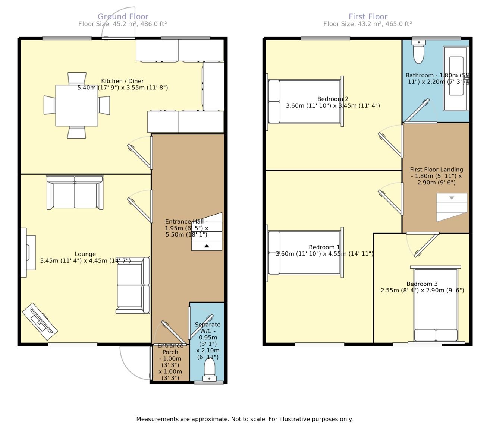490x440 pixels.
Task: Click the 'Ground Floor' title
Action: pos(123,17)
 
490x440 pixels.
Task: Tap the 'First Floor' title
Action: pos(368,17)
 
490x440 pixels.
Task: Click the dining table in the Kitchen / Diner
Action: pos(77,105)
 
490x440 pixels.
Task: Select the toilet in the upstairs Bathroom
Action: pos(419,52)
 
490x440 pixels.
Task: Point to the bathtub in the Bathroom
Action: pos(456,78)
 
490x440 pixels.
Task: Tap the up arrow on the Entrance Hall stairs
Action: pos(207,246)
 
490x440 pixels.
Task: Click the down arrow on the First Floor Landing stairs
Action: pos(452,198)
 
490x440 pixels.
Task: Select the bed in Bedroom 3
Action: pos(436,304)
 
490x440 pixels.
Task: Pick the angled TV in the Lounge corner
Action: pos(40,322)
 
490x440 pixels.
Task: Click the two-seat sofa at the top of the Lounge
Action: pos(75,192)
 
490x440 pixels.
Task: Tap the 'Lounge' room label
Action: pos(85,254)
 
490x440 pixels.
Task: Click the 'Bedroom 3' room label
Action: pos(422,284)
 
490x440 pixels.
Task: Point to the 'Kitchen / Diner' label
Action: pos(122,81)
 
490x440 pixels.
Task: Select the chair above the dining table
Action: pos(77,79)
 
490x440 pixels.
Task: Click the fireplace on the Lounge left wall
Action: pos(28,252)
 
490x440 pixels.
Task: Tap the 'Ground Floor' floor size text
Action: pos(123,24)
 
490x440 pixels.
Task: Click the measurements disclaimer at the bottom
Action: pos(245,419)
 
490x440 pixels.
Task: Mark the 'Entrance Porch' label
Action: pos(170,349)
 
